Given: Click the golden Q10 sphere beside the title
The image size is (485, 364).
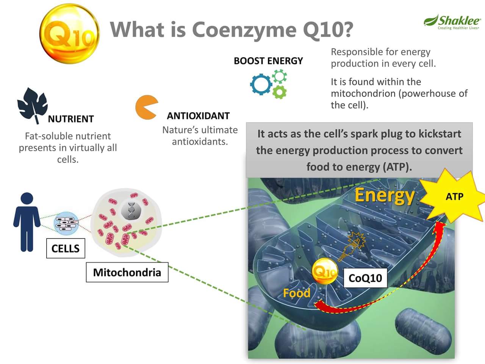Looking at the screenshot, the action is pos(69,33).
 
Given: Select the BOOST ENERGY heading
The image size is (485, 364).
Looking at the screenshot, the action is pos(268,61).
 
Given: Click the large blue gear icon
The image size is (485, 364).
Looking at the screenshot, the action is pos(261,84).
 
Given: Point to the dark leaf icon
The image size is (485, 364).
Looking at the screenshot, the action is pos(32,105).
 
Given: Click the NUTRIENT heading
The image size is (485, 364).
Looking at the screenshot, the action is pos(71,119).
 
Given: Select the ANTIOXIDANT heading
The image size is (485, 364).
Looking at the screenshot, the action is pos(198,116).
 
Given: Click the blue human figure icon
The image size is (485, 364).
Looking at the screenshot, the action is pos(27,222).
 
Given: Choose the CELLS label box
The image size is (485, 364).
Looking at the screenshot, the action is pos(66,248).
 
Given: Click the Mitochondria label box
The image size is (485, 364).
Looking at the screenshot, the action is pos(127,272).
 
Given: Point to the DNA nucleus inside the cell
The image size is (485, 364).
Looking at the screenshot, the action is pos(131,211).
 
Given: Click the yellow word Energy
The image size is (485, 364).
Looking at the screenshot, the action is pos(384,196).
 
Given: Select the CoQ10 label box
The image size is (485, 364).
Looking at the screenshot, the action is pos(365,278).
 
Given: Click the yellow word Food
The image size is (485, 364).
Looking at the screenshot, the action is pos(297,293).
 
